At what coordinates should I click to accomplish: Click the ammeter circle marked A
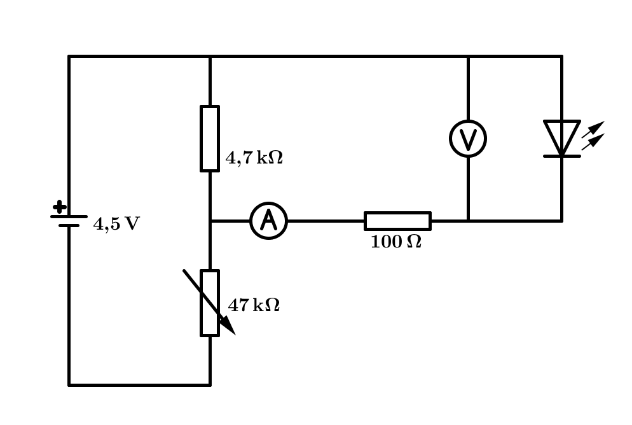click(x=269, y=221)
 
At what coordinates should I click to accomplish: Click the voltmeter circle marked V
click(x=468, y=139)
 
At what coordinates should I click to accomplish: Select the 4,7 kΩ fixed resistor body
click(x=210, y=139)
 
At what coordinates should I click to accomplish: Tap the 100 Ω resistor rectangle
click(x=397, y=221)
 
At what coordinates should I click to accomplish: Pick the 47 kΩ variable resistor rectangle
click(x=210, y=303)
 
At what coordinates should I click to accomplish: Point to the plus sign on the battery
click(x=59, y=207)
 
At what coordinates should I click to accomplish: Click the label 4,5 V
click(x=116, y=224)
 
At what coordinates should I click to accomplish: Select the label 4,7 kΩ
click(x=254, y=158)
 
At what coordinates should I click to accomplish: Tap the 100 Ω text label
click(x=395, y=242)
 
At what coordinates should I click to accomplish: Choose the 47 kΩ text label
click(x=254, y=305)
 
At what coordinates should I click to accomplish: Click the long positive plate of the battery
click(x=69, y=216)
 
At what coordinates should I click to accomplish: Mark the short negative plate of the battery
click(x=69, y=225)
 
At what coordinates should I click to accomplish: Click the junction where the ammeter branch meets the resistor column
click(x=210, y=221)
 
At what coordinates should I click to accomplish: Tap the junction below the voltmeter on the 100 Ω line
click(x=468, y=221)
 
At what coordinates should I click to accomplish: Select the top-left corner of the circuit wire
click(x=69, y=56)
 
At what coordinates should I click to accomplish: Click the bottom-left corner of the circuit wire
click(x=69, y=384)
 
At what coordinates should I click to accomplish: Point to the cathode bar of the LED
click(x=561, y=156)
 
